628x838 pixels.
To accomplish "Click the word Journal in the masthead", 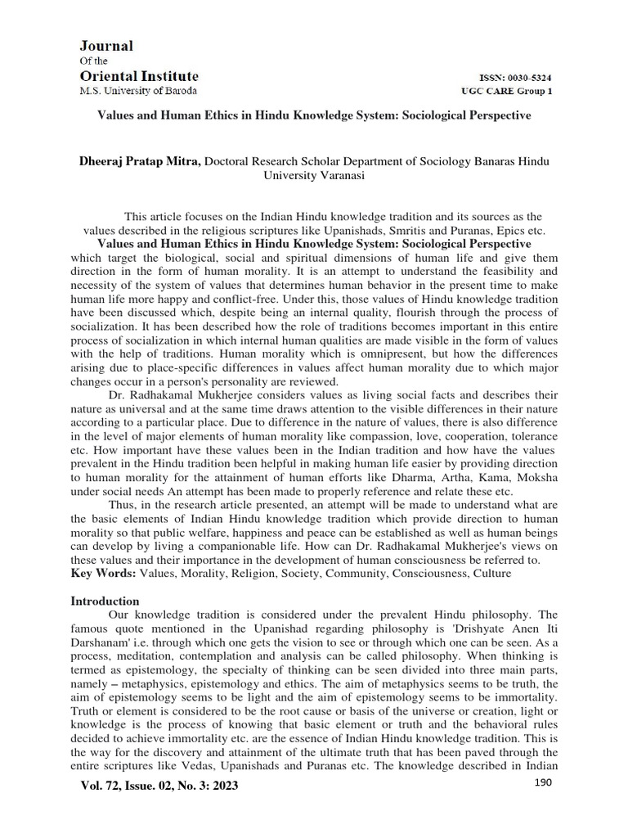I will [x=105, y=46].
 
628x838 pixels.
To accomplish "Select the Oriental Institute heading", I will [x=138, y=75].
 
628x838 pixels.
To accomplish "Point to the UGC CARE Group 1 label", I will [x=507, y=91].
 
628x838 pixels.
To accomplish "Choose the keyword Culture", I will [x=491, y=573].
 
